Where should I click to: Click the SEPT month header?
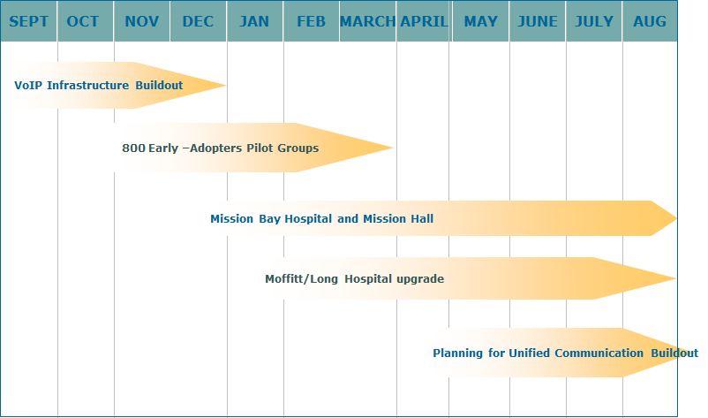pyautogui.click(x=28, y=21)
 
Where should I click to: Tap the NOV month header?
pyautogui.click(x=142, y=21)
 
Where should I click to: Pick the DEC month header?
pyautogui.click(x=199, y=21)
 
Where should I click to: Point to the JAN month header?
pyautogui.click(x=254, y=21)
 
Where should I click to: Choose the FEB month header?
pyautogui.click(x=311, y=21)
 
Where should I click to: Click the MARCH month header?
pyautogui.click(x=367, y=21)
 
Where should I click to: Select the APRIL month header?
pyautogui.click(x=424, y=21)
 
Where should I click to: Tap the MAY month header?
pyautogui.click(x=481, y=21)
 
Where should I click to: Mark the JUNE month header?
pyautogui.click(x=538, y=21)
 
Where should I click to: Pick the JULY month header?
pyautogui.click(x=594, y=21)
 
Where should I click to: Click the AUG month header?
pyautogui.click(x=650, y=21)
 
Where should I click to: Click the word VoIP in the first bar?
pyautogui.click(x=26, y=86)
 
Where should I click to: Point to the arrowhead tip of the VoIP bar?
pyautogui.click(x=226, y=85)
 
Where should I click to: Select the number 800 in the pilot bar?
pyautogui.click(x=133, y=148)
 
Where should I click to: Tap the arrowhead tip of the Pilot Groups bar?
pyautogui.click(x=393, y=148)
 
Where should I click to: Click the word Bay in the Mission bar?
pyautogui.click(x=269, y=219)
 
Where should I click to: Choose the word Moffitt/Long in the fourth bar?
pyautogui.click(x=301, y=279)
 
